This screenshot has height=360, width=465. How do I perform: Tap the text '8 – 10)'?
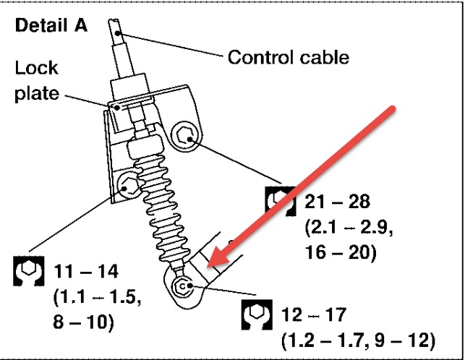point(82,322)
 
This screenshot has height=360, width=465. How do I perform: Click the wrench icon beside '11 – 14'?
point(28,270)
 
